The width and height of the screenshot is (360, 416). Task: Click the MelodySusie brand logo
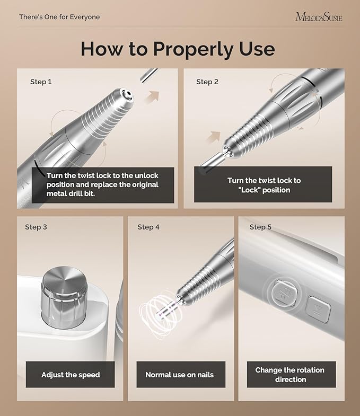318,17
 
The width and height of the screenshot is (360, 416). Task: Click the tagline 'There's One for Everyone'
59,17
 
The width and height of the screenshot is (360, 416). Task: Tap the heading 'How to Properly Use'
178,49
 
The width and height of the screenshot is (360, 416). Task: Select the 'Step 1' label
41,82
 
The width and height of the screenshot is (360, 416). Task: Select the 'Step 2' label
207,82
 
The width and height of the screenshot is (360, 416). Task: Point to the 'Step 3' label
36,227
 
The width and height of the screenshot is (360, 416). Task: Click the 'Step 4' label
148,227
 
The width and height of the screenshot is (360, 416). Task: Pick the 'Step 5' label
260,227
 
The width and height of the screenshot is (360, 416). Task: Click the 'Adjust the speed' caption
71,375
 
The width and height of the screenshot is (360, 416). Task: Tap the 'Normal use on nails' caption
179,375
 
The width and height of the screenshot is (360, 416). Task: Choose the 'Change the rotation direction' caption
289,375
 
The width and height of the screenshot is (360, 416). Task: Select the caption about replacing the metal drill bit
102,185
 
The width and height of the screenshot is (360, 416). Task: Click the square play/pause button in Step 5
318,308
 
